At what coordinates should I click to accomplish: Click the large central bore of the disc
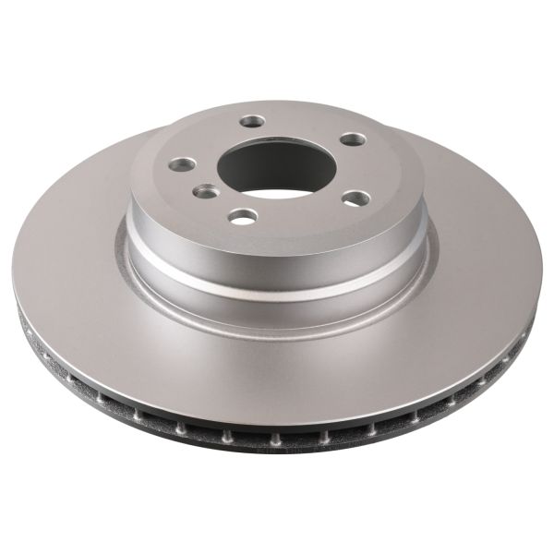[268, 166]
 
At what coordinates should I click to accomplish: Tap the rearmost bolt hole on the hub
[252, 121]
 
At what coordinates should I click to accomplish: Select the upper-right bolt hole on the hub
[353, 139]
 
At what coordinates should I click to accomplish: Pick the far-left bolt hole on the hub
[182, 164]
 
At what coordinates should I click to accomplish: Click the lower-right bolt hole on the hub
[355, 198]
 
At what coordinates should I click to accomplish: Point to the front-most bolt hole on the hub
[243, 216]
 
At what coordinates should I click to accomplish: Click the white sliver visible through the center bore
[277, 193]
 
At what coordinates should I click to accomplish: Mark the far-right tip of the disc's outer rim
[542, 277]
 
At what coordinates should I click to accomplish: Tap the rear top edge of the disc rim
[277, 103]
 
